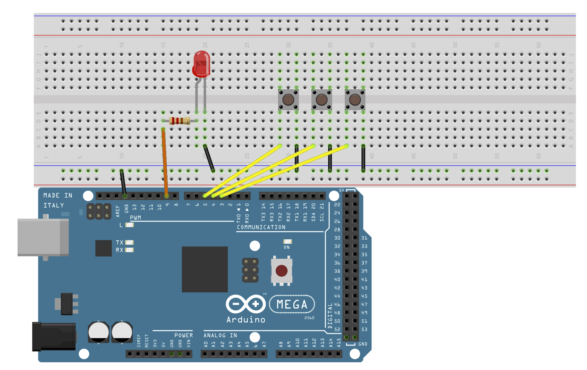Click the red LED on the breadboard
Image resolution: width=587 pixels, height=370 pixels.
point(201,64)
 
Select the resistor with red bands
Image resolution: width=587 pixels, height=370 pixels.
point(180,121)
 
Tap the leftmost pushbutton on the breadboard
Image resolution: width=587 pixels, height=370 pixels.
point(288,99)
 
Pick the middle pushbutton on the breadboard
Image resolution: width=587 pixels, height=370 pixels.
point(322,99)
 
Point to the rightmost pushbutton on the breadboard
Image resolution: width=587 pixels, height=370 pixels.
point(355,99)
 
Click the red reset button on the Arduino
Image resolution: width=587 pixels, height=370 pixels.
point(282,271)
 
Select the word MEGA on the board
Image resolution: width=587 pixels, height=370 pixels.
point(292,305)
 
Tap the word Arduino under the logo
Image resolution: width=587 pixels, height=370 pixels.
point(246,320)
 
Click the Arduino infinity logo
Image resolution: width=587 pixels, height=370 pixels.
point(245,304)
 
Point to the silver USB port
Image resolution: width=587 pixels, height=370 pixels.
point(42,237)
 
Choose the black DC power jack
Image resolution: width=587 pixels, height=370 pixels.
point(54,336)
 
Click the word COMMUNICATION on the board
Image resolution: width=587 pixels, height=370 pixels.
point(261,227)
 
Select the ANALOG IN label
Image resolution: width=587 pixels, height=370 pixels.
point(220,335)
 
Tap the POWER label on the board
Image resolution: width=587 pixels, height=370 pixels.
point(183,335)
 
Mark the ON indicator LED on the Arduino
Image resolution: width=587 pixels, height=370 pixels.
point(287,242)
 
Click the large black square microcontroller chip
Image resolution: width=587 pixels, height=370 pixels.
point(205,269)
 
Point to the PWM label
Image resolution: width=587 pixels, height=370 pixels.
point(135,218)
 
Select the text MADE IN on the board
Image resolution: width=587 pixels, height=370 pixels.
point(58,195)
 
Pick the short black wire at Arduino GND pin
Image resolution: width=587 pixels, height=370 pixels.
point(123,183)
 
